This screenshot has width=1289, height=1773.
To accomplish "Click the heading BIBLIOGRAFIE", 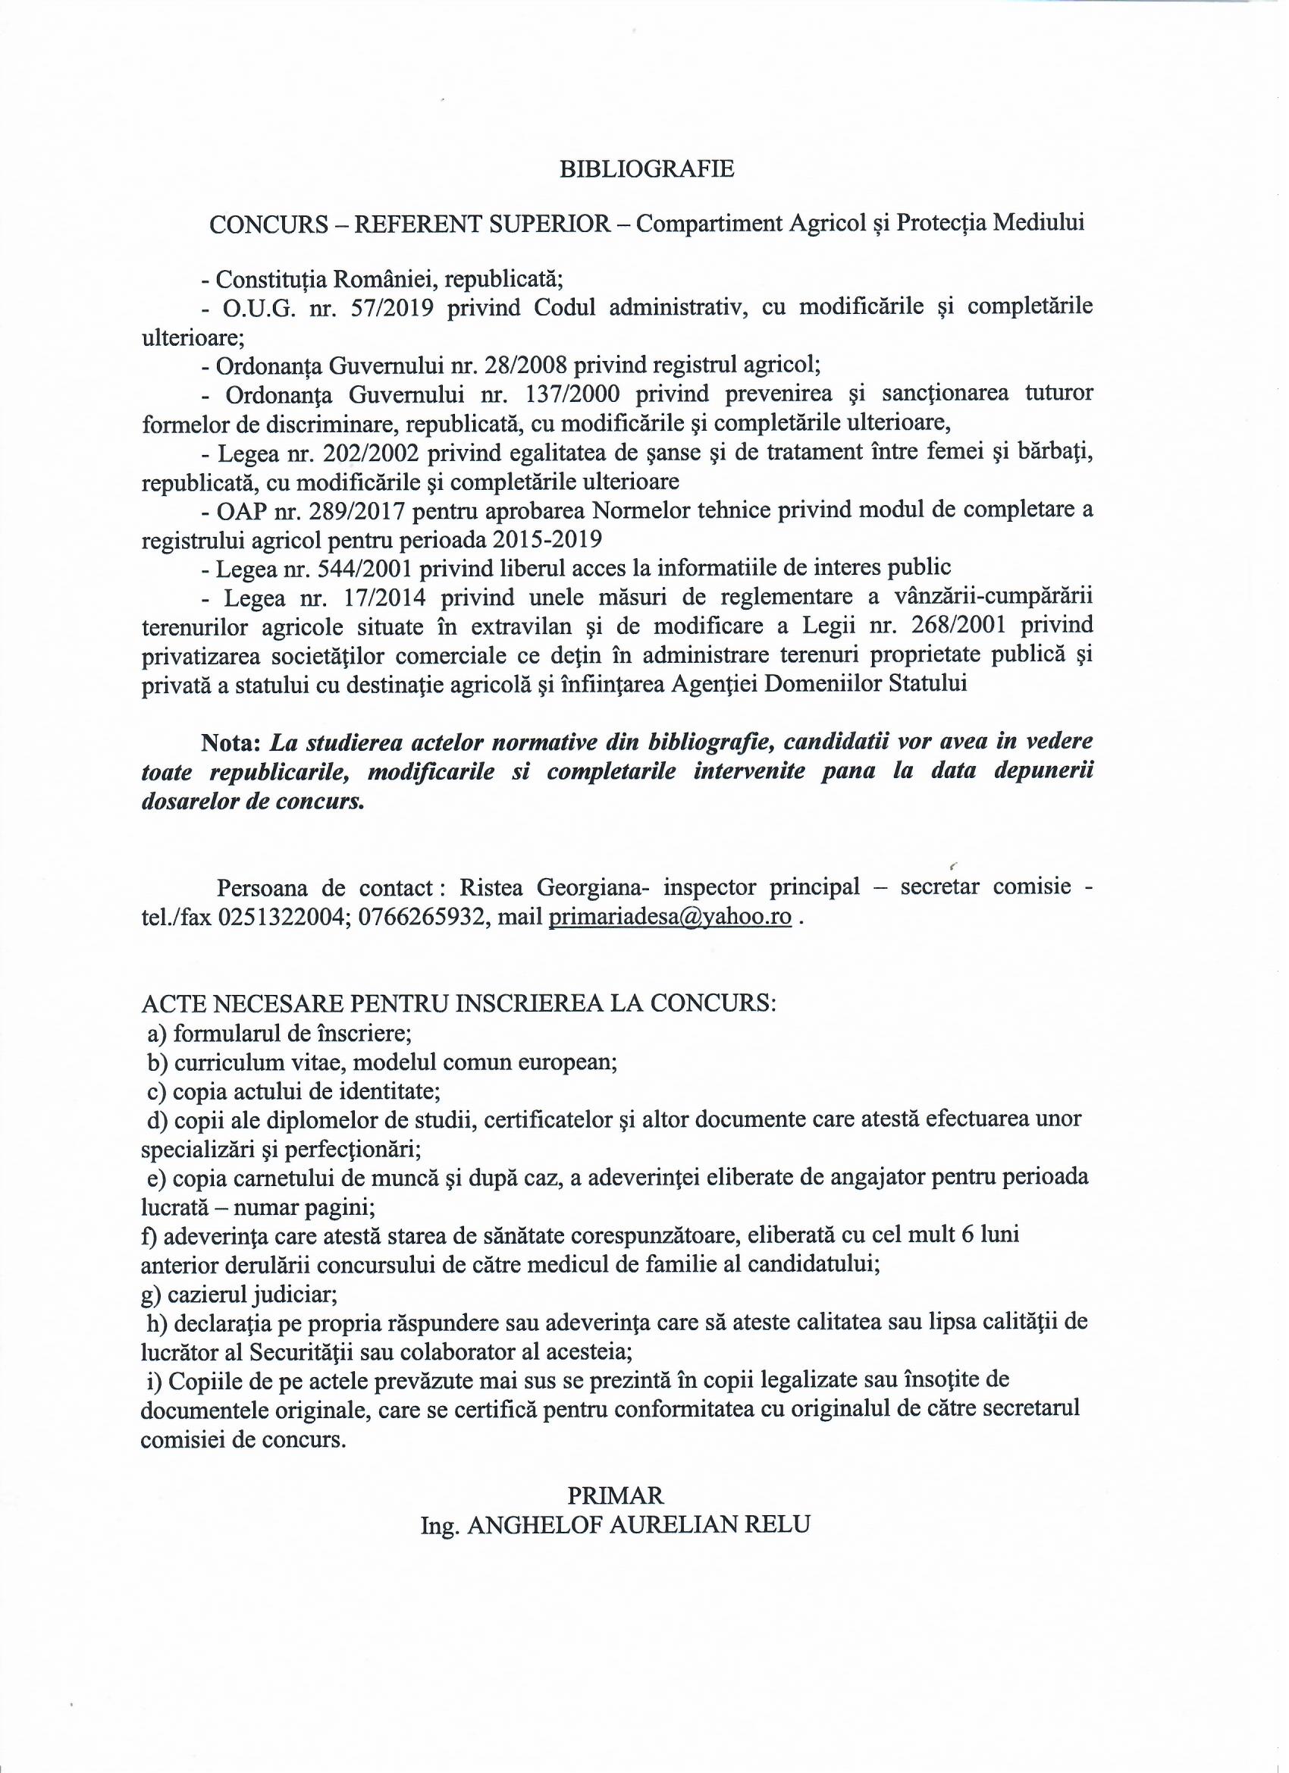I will (x=648, y=170).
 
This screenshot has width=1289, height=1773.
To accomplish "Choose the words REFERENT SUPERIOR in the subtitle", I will (x=482, y=224).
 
